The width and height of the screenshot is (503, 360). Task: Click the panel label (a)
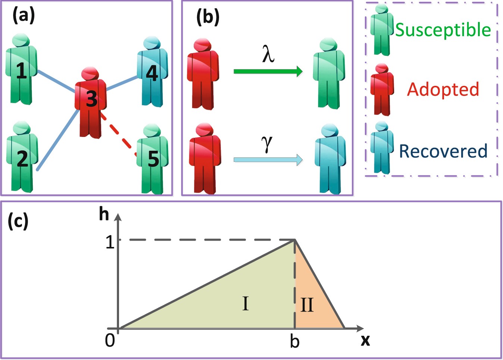24,16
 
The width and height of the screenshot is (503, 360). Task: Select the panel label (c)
18,221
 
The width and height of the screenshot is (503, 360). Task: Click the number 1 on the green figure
22,71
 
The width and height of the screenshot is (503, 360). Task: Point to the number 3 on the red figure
91,98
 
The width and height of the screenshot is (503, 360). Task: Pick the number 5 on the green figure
153,159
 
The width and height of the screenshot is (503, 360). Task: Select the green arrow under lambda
268,71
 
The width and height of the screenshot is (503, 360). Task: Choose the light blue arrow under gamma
268,160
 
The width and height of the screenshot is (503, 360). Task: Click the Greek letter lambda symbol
268,53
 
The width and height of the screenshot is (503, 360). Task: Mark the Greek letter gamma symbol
267,143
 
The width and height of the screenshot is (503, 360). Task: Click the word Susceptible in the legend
443,30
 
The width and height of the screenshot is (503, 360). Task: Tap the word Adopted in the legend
443,90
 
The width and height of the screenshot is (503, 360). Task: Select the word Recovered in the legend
443,151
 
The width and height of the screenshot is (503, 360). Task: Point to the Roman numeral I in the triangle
245,303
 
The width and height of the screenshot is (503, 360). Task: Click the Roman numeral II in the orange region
307,305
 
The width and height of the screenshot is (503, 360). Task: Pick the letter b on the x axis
295,341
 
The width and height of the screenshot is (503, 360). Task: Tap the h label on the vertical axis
104,214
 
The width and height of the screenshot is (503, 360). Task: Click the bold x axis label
365,340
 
